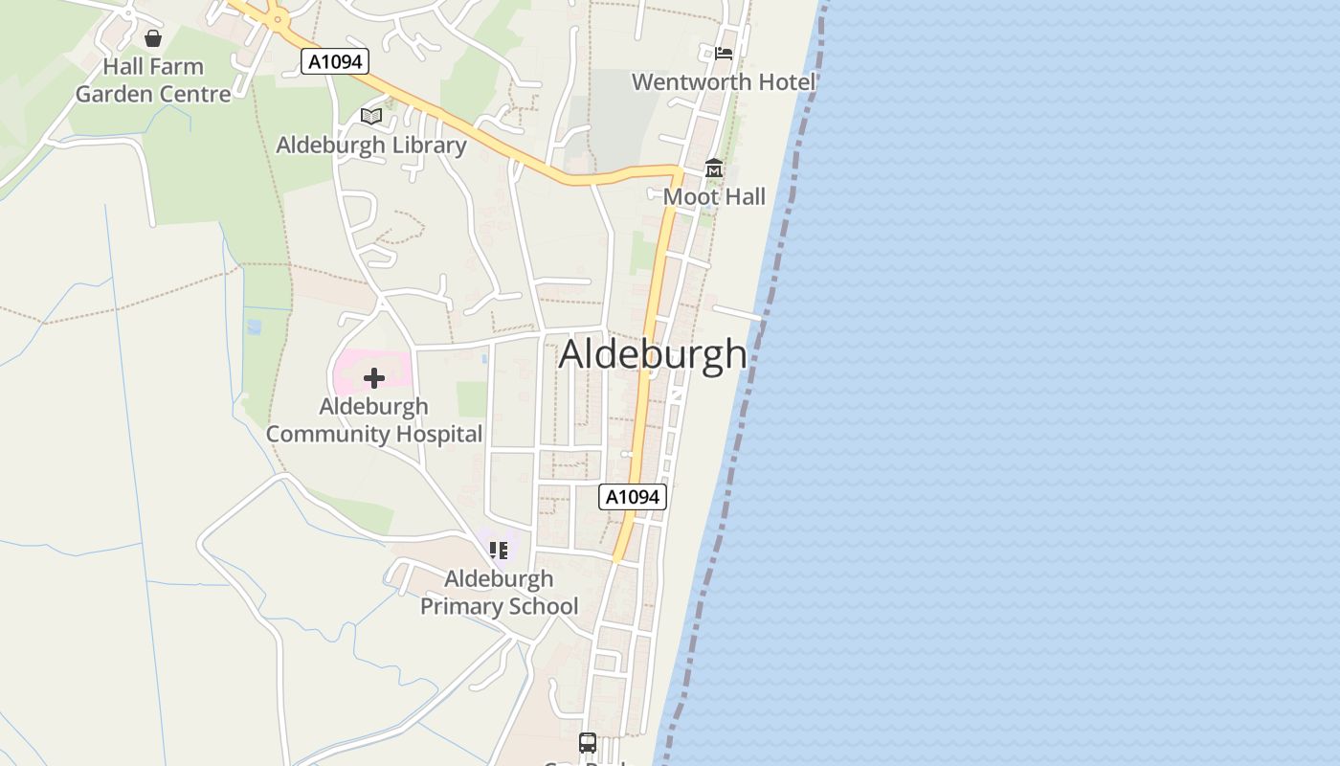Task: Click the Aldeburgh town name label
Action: click(653, 353)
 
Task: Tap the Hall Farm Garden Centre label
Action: click(153, 80)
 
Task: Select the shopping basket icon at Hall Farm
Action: click(153, 38)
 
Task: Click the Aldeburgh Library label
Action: click(371, 146)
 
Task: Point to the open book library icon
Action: click(371, 117)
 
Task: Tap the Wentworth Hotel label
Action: click(724, 82)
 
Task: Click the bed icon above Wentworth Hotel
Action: click(724, 53)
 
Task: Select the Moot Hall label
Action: click(714, 197)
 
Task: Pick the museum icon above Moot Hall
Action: click(714, 169)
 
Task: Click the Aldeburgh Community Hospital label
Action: click(373, 420)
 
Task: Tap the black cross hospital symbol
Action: click(374, 378)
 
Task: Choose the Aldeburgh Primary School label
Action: click(499, 593)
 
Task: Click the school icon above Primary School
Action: click(499, 551)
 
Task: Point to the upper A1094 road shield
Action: click(335, 61)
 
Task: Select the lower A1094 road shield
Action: click(633, 497)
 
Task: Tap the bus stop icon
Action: click(588, 743)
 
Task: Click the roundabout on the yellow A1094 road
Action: click(278, 16)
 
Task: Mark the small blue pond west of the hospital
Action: click(254, 327)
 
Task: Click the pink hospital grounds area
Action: click(349, 368)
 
